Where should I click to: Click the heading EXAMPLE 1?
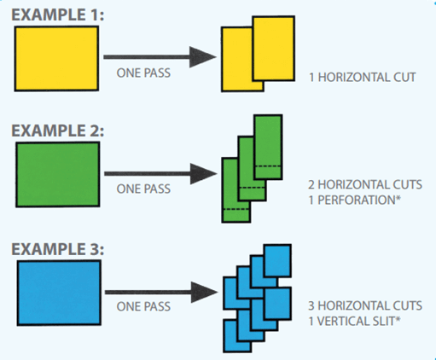[x=58, y=15]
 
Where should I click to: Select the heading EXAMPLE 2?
[x=58, y=131]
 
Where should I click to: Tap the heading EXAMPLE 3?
[x=58, y=249]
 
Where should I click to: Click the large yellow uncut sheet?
[x=56, y=59]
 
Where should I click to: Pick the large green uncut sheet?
[x=58, y=174]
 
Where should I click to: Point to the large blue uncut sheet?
[x=59, y=293]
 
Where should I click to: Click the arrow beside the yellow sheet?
[x=160, y=57]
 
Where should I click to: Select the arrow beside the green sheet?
[x=160, y=174]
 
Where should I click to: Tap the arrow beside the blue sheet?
[x=161, y=292]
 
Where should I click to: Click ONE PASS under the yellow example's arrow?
[x=143, y=73]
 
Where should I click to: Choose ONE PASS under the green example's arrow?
[x=143, y=189]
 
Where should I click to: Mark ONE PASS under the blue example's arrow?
[x=143, y=306]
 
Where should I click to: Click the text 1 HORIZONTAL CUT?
[x=363, y=78]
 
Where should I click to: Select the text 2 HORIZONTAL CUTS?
[x=365, y=185]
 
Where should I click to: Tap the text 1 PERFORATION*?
[x=354, y=200]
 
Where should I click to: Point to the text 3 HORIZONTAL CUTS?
[x=365, y=306]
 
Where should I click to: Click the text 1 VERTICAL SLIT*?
[x=354, y=322]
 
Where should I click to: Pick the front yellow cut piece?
[x=273, y=49]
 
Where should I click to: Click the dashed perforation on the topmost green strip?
[x=268, y=166]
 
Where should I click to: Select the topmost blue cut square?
[x=277, y=260]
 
